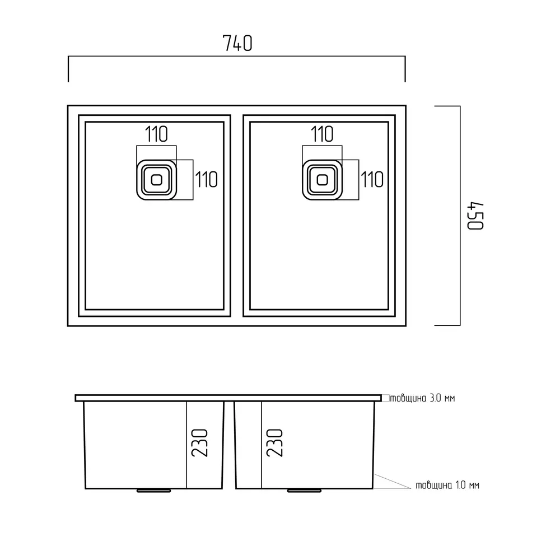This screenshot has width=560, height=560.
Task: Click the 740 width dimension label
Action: (x=237, y=43)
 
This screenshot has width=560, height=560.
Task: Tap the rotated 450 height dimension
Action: (x=475, y=216)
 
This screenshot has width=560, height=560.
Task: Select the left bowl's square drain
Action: (x=156, y=180)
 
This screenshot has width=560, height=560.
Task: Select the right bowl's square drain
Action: (x=322, y=180)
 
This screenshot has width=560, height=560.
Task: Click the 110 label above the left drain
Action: (x=156, y=134)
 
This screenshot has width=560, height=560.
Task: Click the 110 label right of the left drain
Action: (x=207, y=180)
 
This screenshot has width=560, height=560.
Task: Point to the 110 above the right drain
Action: (x=322, y=134)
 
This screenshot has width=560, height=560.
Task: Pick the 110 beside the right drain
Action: (x=372, y=180)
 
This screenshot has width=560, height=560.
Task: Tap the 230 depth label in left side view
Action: (x=200, y=443)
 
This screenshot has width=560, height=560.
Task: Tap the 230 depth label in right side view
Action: (x=274, y=443)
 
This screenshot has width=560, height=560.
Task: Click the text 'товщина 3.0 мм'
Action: (x=422, y=398)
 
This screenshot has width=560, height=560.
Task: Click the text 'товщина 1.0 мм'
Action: (x=447, y=485)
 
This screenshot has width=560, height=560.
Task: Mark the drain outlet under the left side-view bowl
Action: (x=153, y=491)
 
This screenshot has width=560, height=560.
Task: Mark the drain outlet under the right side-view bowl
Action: (x=304, y=491)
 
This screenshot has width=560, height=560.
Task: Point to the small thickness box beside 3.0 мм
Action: (x=386, y=398)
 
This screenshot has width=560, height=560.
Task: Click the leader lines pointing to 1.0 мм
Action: (x=392, y=482)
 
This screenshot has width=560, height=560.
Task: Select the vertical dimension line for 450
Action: (x=460, y=216)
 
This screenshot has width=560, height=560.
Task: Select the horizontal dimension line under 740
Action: (x=237, y=57)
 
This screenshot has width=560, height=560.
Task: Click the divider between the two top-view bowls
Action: (x=237, y=216)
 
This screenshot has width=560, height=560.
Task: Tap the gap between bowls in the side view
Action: (x=229, y=445)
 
